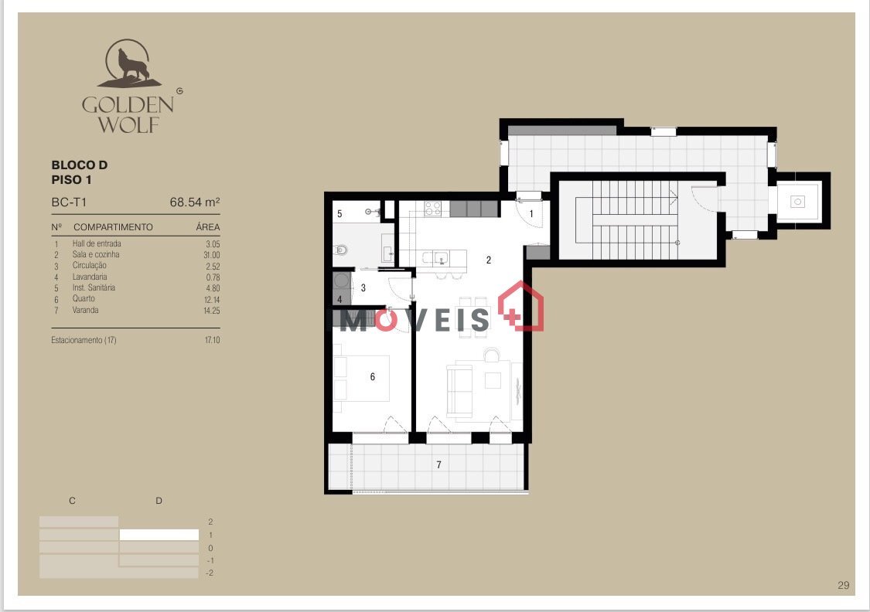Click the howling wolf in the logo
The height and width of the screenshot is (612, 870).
132,66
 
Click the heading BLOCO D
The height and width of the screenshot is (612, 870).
80,165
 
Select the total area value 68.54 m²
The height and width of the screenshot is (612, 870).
195,202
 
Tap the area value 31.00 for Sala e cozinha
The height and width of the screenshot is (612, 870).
211,255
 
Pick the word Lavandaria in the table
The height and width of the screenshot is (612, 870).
90,277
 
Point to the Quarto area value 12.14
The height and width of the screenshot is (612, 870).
212,299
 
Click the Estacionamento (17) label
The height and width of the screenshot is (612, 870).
84,340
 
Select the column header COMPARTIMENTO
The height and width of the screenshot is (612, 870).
113,227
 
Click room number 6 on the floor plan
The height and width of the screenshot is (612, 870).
372,377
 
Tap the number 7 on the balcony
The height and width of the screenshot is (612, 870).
439,464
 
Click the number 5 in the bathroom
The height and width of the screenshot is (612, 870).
339,214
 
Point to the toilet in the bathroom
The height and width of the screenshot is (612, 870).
342,250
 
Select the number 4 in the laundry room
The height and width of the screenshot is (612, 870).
339,300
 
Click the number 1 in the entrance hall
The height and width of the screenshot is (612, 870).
531,214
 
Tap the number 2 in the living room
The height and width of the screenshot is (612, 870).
488,260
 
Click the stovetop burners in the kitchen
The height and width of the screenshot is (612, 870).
433,209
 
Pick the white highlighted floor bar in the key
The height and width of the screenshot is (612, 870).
159,535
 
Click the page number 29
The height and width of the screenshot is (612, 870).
844,586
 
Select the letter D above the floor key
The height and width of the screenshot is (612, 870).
159,501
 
